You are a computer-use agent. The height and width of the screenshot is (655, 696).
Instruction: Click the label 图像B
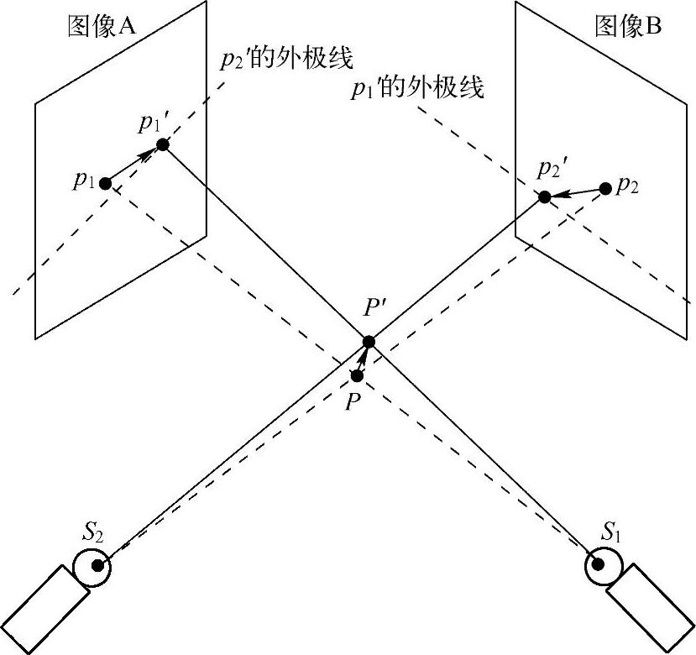629,27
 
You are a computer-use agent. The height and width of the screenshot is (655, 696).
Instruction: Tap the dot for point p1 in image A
105,183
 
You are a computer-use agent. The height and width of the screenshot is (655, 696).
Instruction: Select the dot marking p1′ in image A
163,144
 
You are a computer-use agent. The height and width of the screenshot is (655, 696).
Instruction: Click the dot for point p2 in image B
605,188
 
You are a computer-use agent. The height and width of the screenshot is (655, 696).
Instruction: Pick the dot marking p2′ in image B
544,197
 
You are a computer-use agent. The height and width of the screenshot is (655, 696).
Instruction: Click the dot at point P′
369,341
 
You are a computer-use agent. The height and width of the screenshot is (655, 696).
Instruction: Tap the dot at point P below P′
357,375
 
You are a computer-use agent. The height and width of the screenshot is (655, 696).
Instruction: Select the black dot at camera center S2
97,566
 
